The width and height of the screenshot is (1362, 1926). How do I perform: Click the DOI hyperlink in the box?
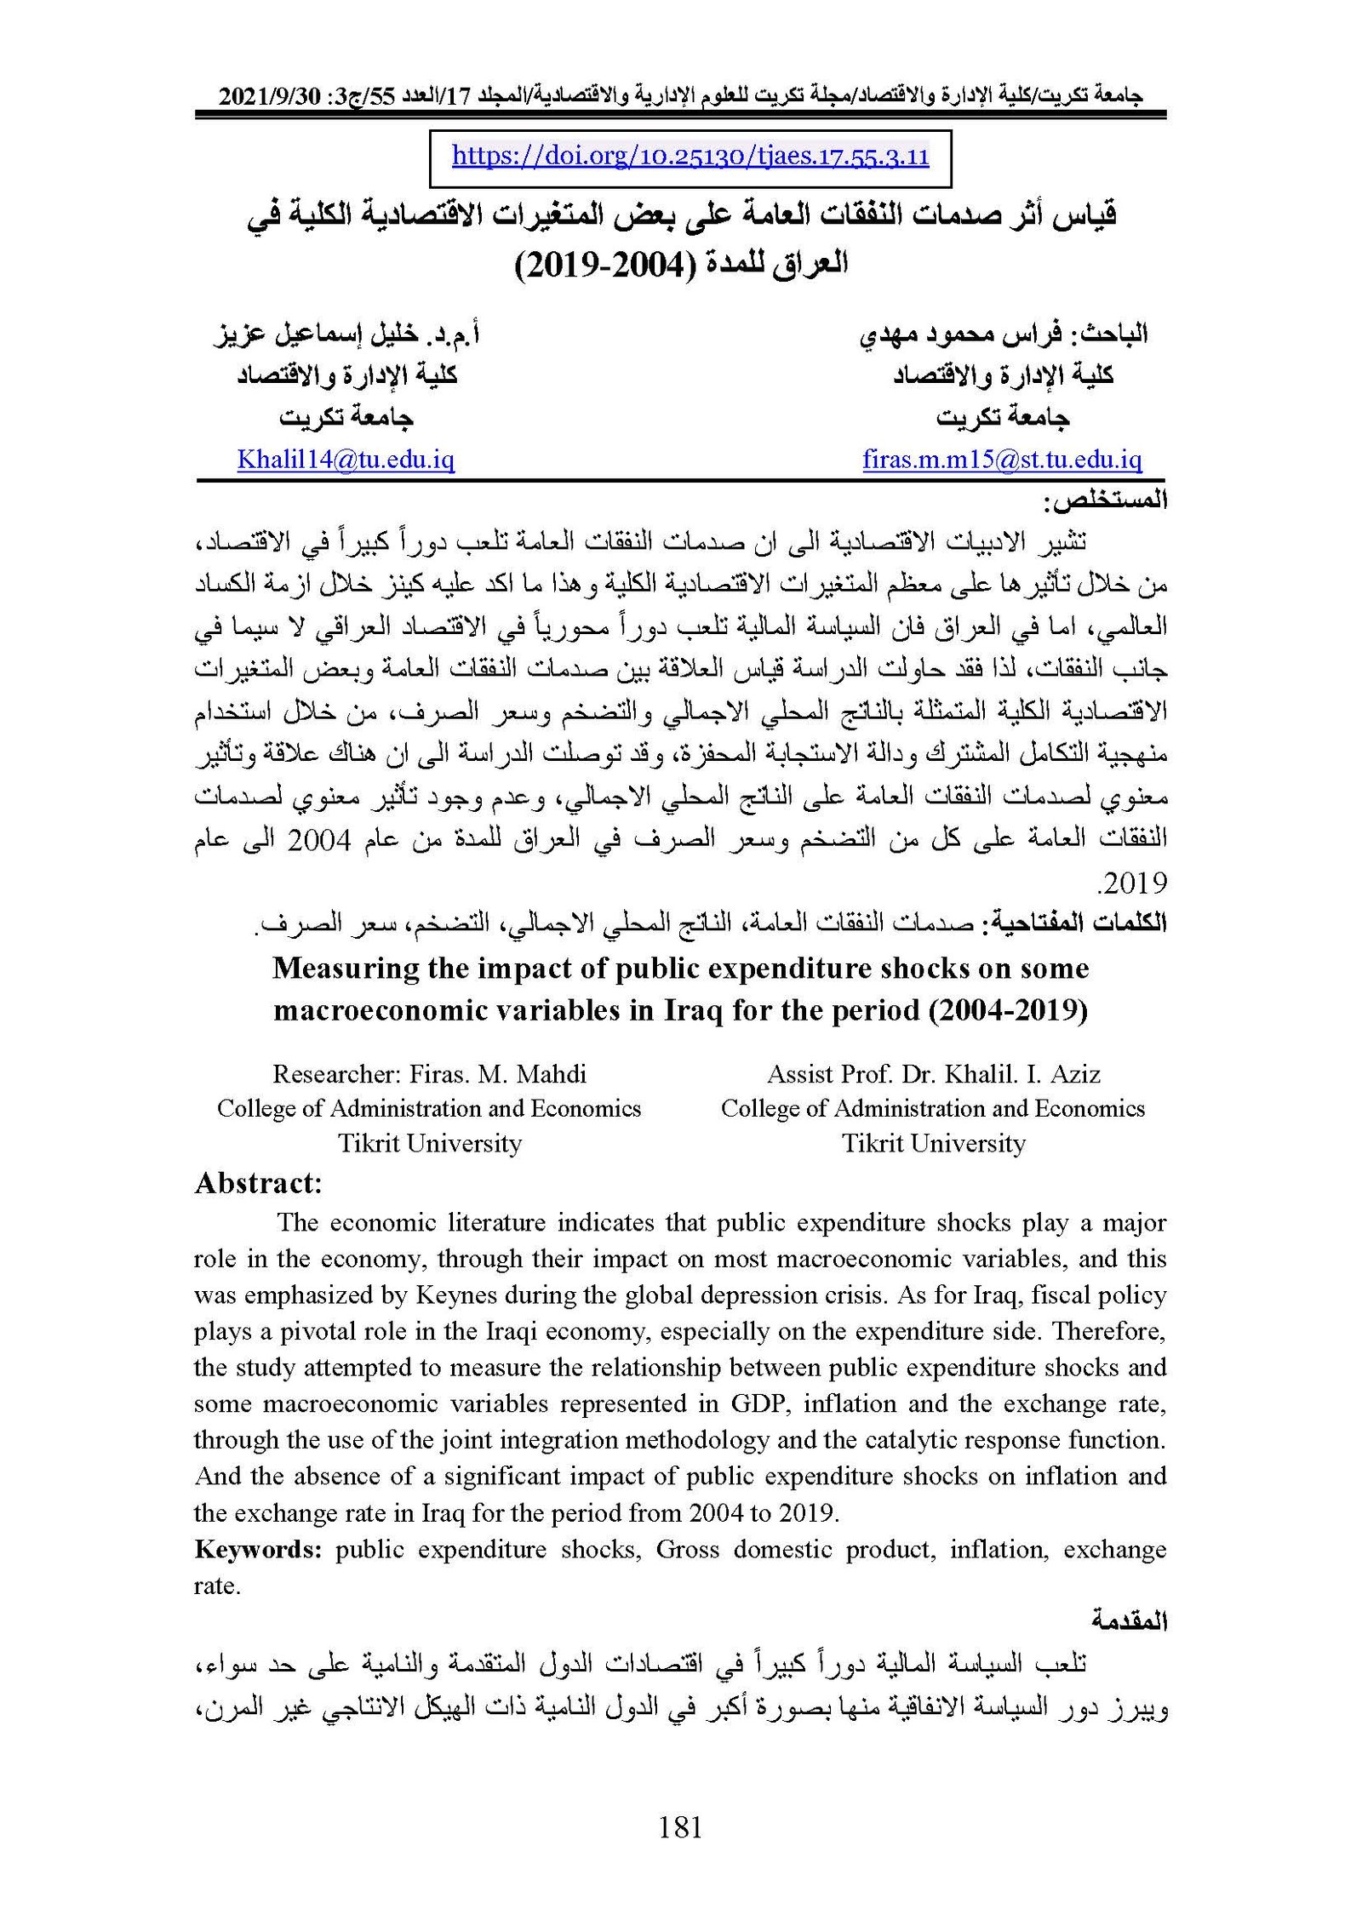tap(690, 157)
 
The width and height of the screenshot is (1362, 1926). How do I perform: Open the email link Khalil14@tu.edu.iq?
tap(346, 460)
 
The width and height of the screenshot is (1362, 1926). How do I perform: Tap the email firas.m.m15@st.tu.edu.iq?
tap(1002, 460)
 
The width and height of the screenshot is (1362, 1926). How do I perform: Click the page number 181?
tap(680, 1826)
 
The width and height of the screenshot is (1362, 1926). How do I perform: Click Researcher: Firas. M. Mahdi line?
tap(429, 1073)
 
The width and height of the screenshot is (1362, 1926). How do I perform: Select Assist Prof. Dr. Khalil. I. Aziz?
tap(933, 1073)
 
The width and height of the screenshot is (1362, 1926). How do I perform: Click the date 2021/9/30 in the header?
tap(266, 97)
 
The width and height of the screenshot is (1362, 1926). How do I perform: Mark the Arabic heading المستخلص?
tap(1106, 501)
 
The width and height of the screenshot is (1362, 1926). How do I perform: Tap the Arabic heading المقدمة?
tap(1130, 1621)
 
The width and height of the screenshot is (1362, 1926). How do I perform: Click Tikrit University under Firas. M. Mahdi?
tap(429, 1143)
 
